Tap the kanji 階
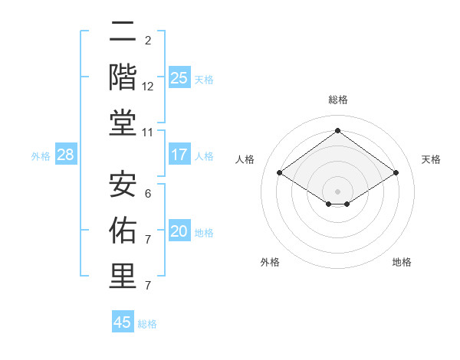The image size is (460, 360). click(123, 77)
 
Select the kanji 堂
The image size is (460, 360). click(123, 123)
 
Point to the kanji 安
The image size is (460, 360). click(123, 184)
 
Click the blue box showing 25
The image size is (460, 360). click(179, 77)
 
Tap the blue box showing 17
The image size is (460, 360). click(179, 155)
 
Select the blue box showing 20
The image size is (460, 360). click(179, 231)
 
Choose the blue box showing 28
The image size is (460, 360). click(66, 155)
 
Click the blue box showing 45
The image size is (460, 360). click(123, 322)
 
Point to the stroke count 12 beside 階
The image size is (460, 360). click(148, 87)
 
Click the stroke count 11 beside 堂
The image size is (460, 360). click(148, 133)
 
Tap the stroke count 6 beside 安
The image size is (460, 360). click(148, 194)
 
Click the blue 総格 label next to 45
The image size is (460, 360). click(147, 324)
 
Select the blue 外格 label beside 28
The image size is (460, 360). click(41, 156)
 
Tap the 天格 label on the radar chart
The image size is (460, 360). click(431, 159)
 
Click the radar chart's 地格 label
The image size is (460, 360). click(402, 262)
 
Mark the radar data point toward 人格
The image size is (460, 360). click(280, 173)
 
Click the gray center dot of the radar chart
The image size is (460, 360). click(337, 191)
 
